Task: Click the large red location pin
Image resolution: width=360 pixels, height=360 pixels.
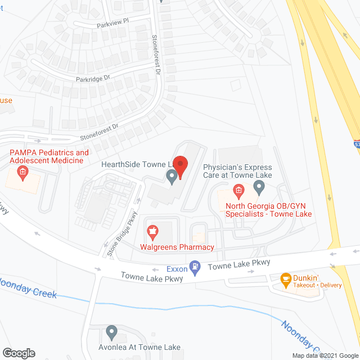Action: coord(180,165)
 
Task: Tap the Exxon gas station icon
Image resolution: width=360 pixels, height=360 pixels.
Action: coord(195,267)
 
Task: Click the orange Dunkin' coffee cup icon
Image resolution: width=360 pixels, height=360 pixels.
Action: coord(286,278)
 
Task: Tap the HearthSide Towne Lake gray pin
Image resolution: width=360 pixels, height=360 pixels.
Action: coord(172,177)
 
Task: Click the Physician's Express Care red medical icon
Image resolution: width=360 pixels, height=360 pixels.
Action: coord(238,191)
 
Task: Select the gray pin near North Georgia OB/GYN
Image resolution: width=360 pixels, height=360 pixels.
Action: coord(259,186)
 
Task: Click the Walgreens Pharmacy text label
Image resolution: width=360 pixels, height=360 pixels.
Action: coord(177,247)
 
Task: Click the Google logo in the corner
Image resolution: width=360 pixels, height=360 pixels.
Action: coord(18,353)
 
